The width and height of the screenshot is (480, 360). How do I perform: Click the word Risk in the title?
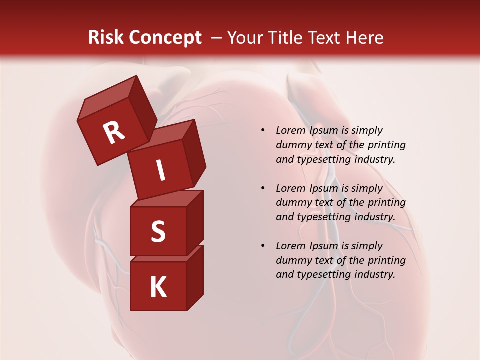pos(105,38)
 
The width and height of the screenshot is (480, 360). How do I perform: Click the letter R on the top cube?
pos(114,133)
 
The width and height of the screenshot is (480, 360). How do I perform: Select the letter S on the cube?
pos(158,231)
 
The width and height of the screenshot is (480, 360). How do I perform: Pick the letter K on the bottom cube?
pos(158,287)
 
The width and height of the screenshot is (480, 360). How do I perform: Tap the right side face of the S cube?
pos(195,222)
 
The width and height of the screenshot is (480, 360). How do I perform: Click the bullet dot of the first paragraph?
pos(262,131)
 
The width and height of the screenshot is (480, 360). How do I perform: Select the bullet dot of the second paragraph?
pos(262,188)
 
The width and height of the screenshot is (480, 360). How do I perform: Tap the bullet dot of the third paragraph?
pos(262,246)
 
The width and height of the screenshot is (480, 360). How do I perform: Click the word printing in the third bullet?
pos(386,260)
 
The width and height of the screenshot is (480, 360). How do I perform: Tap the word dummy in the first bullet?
pos(292,145)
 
